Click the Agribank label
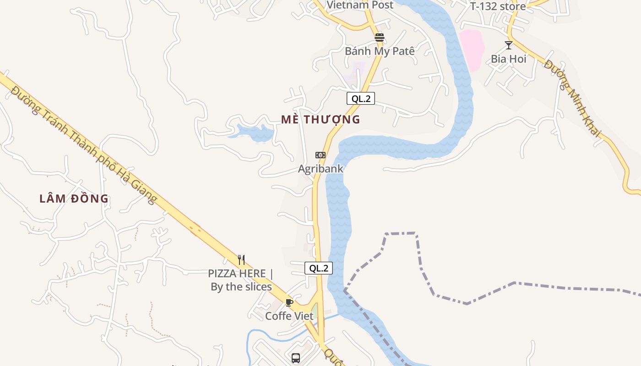[x=320, y=169]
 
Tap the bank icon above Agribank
[x=320, y=155]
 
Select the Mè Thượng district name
[x=320, y=119]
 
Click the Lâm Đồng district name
[x=74, y=199]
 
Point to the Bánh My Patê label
[x=380, y=51]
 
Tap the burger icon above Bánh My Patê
[x=379, y=37]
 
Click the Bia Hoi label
[x=508, y=59]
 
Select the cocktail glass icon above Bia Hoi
[x=508, y=45]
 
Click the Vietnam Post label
[x=360, y=5]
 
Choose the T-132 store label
[x=498, y=6]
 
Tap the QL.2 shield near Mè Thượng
[x=361, y=98]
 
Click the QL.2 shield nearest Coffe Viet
[x=319, y=268]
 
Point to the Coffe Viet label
[x=289, y=316]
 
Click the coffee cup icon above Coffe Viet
[x=289, y=302]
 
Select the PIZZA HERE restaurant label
[x=241, y=280]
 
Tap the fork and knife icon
[x=241, y=260]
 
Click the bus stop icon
[x=296, y=358]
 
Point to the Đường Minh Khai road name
[x=572, y=98]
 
